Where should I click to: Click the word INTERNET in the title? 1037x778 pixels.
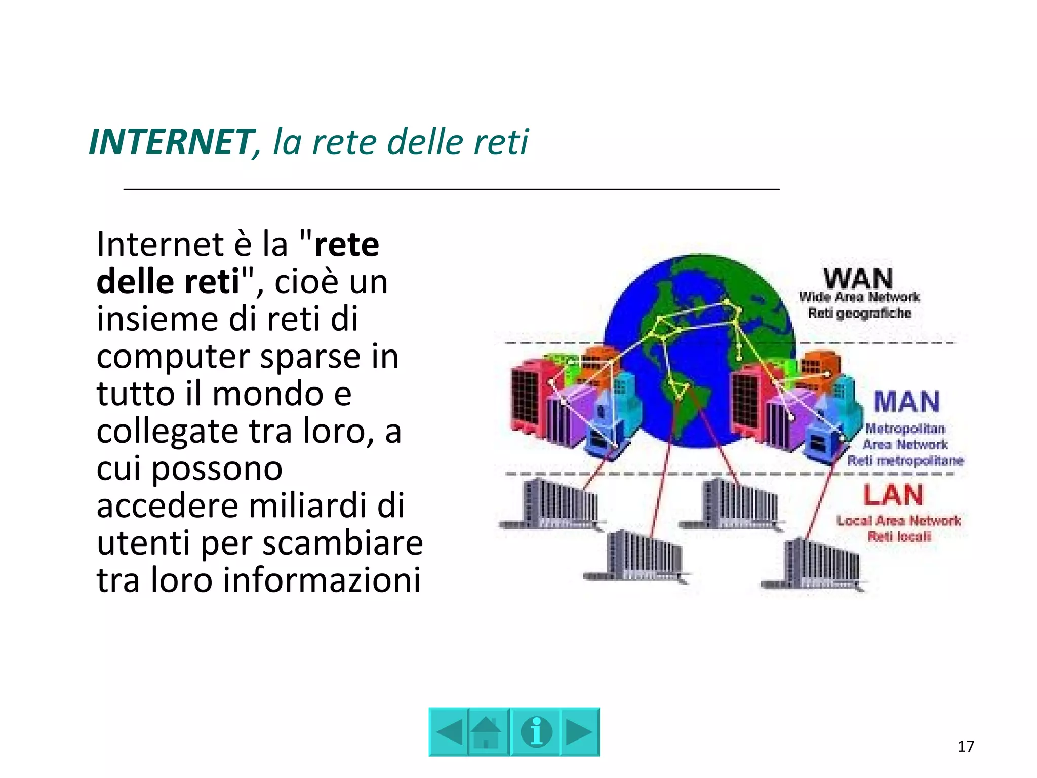(x=170, y=142)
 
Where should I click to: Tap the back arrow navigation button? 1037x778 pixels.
(x=449, y=732)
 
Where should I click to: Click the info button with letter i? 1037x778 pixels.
(x=536, y=732)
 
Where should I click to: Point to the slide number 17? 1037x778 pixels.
(x=966, y=746)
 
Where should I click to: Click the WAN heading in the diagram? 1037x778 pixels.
(x=858, y=279)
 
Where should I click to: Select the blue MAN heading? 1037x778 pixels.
(x=906, y=402)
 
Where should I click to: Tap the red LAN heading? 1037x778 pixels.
(x=893, y=495)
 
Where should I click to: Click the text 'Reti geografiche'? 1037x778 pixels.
(x=859, y=314)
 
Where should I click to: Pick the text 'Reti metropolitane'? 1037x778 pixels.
(x=905, y=461)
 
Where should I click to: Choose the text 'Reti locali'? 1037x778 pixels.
(x=899, y=536)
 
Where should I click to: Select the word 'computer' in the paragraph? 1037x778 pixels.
(x=173, y=357)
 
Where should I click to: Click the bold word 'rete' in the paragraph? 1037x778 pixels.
(x=346, y=245)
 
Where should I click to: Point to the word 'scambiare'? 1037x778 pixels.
(x=342, y=543)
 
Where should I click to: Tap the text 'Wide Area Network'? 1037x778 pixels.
(x=859, y=297)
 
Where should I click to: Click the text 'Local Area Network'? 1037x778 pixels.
(x=898, y=520)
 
